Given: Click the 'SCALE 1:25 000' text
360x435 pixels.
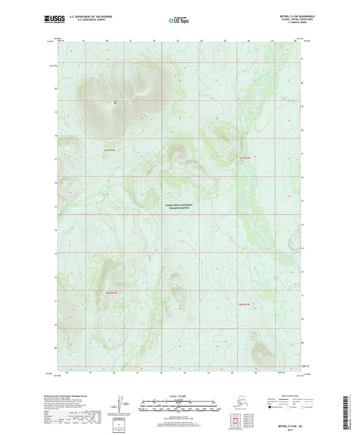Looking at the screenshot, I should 179,394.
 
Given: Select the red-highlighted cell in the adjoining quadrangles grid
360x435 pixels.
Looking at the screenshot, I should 237,424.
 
